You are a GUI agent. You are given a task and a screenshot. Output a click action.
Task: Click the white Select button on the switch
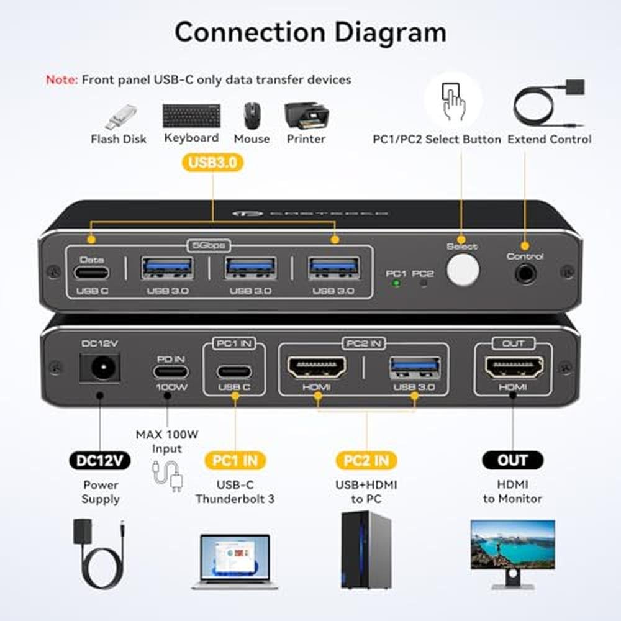[463, 271]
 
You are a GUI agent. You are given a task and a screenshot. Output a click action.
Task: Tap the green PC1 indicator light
[395, 283]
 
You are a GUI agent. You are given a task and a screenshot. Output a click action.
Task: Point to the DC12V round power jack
[99, 368]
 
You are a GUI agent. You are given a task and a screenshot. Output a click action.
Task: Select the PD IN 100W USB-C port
[170, 371]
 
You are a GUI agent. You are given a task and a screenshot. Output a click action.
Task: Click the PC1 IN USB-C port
[234, 371]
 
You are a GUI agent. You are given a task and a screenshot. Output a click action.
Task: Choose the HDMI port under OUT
[514, 368]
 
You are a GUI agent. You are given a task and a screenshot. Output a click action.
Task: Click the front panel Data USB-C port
[91, 273]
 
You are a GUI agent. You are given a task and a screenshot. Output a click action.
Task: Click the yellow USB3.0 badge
[212, 163]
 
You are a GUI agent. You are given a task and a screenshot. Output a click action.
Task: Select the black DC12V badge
[100, 460]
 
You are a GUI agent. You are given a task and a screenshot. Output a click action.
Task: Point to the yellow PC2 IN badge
[366, 460]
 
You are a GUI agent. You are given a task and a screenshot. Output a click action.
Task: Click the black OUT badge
[512, 460]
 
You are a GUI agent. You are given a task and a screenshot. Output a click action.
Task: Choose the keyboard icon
[191, 116]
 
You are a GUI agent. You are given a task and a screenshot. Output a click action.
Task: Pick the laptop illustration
[235, 561]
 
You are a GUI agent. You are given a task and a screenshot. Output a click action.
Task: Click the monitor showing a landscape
[512, 546]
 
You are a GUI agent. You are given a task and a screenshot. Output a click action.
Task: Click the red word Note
[61, 79]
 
